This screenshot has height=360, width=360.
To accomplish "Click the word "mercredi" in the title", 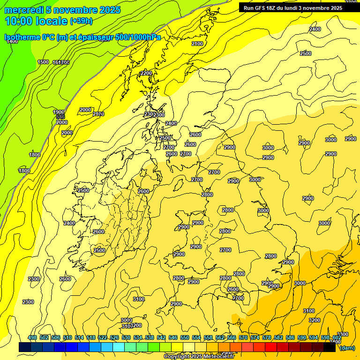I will coord(22,10).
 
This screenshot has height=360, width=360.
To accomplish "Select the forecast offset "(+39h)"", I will coord(81,21).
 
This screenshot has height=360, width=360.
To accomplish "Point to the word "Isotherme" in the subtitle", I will coord(22,37).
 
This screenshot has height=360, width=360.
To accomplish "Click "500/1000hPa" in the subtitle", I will coord(136,37).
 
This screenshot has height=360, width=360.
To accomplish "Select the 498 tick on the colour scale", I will coord(32,338).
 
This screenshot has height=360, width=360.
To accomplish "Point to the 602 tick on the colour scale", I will coord(337,338).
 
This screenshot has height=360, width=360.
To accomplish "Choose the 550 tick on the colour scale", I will coord(185,338).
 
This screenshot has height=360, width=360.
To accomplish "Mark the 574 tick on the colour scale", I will coord(255,338).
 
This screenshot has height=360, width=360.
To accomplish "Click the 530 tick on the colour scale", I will coord(126,338).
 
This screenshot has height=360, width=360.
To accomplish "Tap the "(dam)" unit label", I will coord(347,347).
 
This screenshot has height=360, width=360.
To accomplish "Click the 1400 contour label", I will coord(12,42).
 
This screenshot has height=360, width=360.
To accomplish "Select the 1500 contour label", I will coord(43,62).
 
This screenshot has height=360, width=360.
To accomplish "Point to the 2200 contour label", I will coord(146,73).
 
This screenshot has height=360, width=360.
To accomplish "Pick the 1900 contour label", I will coord(59,112).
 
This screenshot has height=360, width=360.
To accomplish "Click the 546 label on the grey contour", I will coord(60,117).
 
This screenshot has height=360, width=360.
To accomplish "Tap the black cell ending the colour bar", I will coord(330,347).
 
